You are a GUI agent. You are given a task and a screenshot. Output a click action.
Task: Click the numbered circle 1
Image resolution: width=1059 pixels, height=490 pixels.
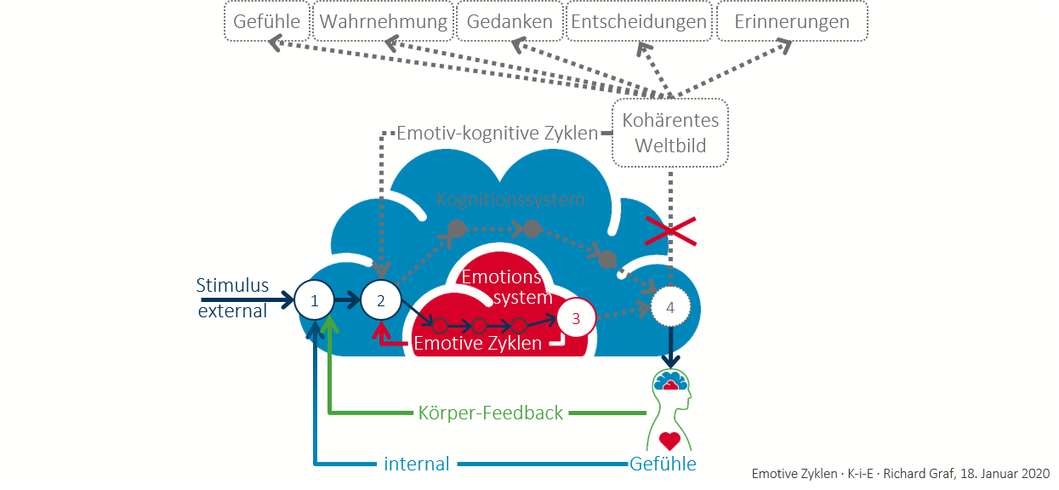[315, 300]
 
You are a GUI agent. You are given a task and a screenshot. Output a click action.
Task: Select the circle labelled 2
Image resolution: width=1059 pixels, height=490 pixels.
[380, 300]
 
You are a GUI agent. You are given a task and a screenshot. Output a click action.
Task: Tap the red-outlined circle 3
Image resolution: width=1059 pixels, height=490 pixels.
[576, 318]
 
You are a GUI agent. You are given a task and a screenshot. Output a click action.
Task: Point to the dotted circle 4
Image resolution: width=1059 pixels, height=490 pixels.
[670, 308]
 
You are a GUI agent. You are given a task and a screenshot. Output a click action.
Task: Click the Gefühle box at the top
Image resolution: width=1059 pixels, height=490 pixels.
[266, 22]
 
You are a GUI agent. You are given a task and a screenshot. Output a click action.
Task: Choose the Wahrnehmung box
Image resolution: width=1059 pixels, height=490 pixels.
[383, 22]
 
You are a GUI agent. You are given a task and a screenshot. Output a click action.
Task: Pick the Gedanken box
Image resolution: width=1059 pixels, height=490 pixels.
[510, 22]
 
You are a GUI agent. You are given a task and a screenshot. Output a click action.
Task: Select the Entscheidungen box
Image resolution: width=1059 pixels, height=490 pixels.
[639, 22]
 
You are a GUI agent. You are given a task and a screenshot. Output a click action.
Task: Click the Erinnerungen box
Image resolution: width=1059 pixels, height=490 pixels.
[793, 22]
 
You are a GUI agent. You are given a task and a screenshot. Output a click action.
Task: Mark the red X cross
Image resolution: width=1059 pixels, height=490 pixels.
[670, 230]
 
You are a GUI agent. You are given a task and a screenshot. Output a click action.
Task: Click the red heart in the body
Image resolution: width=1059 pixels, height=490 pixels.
[670, 441]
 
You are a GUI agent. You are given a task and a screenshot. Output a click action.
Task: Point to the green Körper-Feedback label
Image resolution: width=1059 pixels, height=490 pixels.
[491, 413]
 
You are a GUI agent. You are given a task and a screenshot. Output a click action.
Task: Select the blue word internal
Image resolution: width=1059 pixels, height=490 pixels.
[417, 464]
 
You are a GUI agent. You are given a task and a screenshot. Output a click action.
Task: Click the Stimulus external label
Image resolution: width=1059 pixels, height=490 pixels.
[232, 298]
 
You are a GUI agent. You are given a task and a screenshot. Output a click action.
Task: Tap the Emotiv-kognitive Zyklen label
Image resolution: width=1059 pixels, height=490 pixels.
[498, 134]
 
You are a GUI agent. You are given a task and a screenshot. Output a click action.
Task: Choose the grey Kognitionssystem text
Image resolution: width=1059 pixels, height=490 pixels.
[510, 200]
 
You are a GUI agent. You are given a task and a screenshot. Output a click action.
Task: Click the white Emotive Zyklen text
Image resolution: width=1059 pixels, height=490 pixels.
[477, 344]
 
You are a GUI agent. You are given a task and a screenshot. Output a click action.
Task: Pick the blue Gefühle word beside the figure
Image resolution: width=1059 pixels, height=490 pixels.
[663, 464]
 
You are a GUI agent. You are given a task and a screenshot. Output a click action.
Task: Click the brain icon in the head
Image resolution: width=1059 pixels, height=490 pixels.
[670, 382]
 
